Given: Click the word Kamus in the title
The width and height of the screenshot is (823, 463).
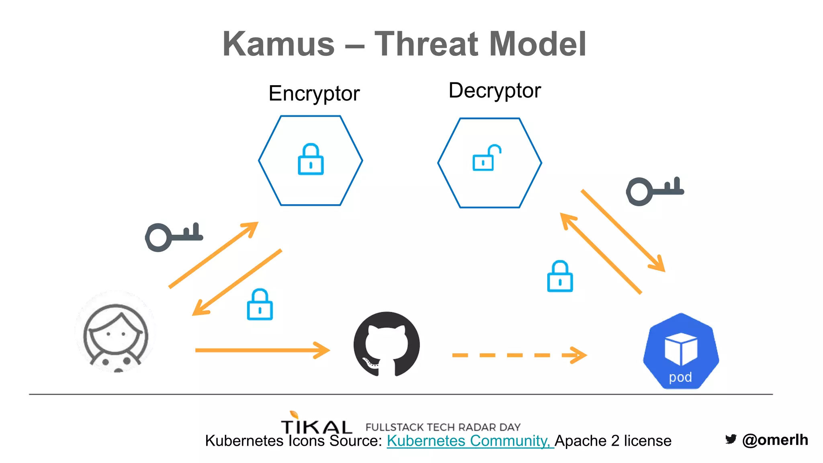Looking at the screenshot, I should (278, 44).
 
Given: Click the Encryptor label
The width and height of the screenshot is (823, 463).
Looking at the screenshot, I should (314, 94).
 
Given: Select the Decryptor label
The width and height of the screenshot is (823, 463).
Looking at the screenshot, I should (494, 91).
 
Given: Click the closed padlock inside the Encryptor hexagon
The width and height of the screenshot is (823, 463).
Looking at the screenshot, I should (311, 160).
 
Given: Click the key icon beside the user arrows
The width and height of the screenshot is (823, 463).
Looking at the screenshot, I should (174, 237).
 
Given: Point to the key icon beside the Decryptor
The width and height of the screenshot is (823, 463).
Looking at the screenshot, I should (655, 191).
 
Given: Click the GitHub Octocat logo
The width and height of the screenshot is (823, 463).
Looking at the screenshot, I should (387, 344).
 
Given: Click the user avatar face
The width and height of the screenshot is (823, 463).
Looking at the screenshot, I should (116, 334).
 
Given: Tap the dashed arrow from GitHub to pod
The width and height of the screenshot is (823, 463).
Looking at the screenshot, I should (518, 355).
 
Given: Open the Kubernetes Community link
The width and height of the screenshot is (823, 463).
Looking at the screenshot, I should (469, 441).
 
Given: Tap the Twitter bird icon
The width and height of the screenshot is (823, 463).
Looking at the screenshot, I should (731, 439).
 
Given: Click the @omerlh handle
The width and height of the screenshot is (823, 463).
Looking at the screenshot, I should (775, 440).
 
